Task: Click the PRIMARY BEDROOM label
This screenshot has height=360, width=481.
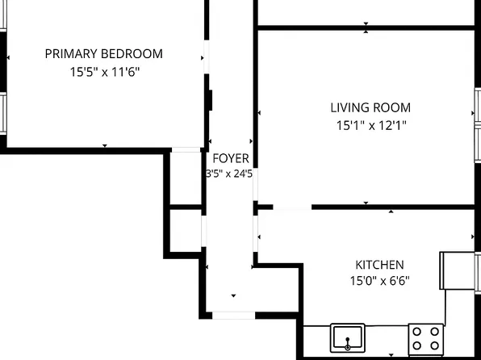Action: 103,54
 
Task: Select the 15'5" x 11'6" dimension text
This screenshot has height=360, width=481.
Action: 103,71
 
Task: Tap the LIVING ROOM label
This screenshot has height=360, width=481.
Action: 370,107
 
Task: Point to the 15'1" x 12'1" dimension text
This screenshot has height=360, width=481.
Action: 370,125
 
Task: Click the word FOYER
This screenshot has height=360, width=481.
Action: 230,158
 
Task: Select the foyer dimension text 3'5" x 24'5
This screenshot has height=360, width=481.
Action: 230,173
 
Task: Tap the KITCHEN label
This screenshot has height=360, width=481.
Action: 379,265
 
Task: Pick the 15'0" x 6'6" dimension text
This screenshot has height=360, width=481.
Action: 379,281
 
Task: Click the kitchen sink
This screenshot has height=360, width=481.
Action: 348,337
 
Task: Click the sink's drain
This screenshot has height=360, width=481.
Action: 348,345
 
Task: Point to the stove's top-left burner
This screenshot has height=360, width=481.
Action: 416,330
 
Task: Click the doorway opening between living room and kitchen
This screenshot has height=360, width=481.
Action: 292,207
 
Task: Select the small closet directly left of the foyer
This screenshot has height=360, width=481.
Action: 185,178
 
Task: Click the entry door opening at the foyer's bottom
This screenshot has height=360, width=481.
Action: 235,313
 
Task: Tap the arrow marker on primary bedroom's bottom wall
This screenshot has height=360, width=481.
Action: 104,145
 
